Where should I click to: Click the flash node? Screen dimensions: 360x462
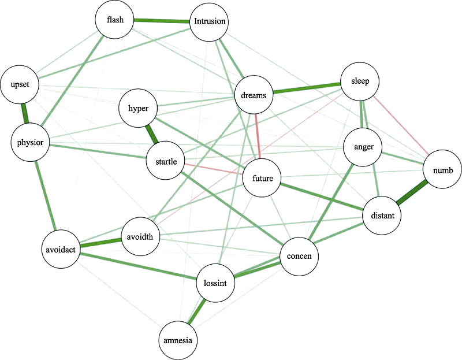click(115, 20)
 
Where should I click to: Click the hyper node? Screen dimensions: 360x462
click(137, 107)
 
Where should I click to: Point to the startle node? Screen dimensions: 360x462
click(166, 160)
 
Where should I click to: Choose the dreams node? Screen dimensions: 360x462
click(254, 95)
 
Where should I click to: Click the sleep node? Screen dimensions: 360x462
click(360, 81)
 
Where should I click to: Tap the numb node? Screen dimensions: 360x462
click(442, 170)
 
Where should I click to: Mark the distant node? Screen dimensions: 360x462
click(381, 216)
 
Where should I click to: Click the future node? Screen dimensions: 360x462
click(262, 179)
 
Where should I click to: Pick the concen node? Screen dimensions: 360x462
click(299, 256)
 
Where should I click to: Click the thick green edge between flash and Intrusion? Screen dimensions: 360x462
click(162, 21)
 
